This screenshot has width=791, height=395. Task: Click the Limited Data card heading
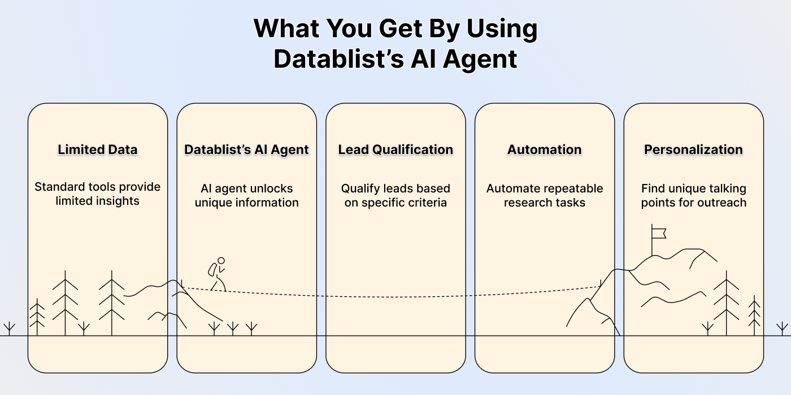[x=97, y=150]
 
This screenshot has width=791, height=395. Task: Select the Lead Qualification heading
[x=395, y=150]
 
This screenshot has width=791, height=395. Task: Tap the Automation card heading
[x=545, y=150]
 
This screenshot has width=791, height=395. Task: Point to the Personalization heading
[x=694, y=150]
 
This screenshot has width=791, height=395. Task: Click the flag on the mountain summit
[x=659, y=234]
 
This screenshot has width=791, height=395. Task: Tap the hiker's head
[x=221, y=261]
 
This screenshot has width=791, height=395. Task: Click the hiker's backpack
[x=212, y=270]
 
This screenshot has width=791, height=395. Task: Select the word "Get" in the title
[x=401, y=28]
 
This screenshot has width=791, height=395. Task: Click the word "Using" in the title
[x=502, y=29]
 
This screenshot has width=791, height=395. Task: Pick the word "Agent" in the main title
[x=480, y=59]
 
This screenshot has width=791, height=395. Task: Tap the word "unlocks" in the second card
[x=271, y=188]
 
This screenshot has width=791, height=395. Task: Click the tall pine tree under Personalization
[x=727, y=303]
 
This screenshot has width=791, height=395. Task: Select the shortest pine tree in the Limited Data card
[x=37, y=317]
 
